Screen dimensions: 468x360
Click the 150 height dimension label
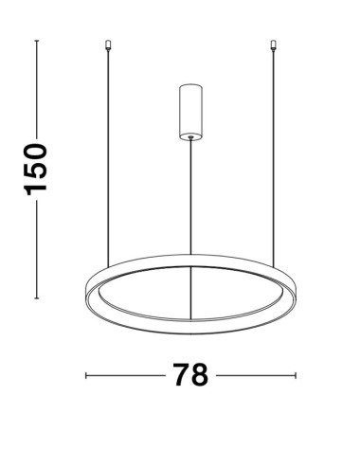(x=35, y=169)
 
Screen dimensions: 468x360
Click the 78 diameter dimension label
(x=190, y=376)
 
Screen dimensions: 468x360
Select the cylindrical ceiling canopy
(x=190, y=110)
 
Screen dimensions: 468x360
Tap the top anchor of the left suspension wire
(x=109, y=44)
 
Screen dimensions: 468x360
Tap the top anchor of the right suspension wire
(x=273, y=44)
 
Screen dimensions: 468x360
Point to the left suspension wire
(x=109, y=152)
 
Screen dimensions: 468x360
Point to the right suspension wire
(x=273, y=152)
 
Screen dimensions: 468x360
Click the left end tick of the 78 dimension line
(x=86, y=376)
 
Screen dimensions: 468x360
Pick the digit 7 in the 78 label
(x=178, y=376)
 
